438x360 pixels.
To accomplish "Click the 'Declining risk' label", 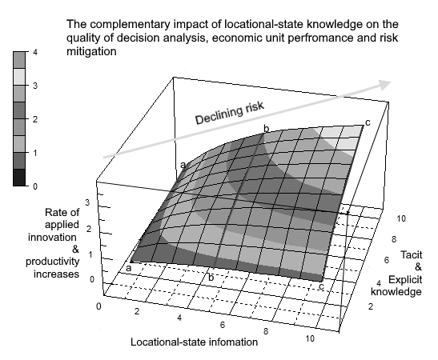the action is (229, 113).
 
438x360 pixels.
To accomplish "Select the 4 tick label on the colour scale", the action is (35, 52).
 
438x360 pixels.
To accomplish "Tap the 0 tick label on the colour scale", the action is (35, 186).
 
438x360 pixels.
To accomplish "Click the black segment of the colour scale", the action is (19, 178).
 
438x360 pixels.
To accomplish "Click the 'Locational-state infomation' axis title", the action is (194, 342).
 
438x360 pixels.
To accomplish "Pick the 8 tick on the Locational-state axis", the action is (266, 331).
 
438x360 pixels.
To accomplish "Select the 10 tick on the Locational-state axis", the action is (310, 338).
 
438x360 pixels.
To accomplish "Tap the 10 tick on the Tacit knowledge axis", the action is (401, 218).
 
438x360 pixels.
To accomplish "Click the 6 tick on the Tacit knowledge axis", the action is (387, 260).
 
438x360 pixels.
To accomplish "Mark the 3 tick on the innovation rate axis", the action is (87, 202).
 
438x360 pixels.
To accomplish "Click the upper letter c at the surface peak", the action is (368, 122).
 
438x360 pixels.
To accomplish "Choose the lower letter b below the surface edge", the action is (211, 278).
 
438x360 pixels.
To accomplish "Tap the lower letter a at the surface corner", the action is (128, 269).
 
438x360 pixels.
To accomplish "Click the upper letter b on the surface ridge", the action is (267, 129).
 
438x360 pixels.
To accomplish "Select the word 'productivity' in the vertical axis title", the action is (53, 262).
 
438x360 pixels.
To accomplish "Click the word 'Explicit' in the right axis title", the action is (405, 279).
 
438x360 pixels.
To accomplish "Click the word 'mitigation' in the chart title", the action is (91, 51).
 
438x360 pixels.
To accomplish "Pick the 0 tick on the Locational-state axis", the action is (98, 306).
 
